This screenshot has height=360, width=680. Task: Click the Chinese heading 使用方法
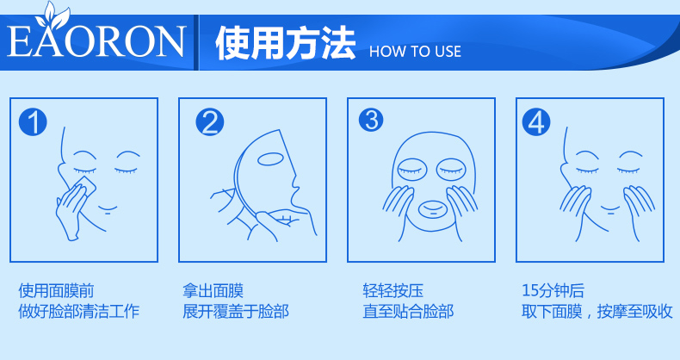coord(286,43)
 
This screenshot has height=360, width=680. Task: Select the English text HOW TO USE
coord(415,52)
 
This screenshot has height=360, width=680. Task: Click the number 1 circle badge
coord(33,122)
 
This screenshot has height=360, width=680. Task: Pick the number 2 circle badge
coord(210,122)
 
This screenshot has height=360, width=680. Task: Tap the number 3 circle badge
coord(371,119)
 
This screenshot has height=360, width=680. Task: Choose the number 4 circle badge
coord(536,121)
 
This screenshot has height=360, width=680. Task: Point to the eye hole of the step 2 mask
coord(270,158)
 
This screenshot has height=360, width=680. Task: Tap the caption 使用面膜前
coord(56,290)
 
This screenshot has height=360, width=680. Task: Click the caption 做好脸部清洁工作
coord(79,311)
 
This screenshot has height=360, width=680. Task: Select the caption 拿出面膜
coord(213,290)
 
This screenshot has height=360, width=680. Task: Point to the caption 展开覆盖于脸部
coord(236,311)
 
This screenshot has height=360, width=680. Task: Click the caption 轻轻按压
coord(393,290)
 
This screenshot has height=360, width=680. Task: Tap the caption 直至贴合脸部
coord(408,311)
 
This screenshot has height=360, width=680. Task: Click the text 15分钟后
coord(553,290)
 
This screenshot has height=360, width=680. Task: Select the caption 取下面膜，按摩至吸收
coord(597,311)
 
